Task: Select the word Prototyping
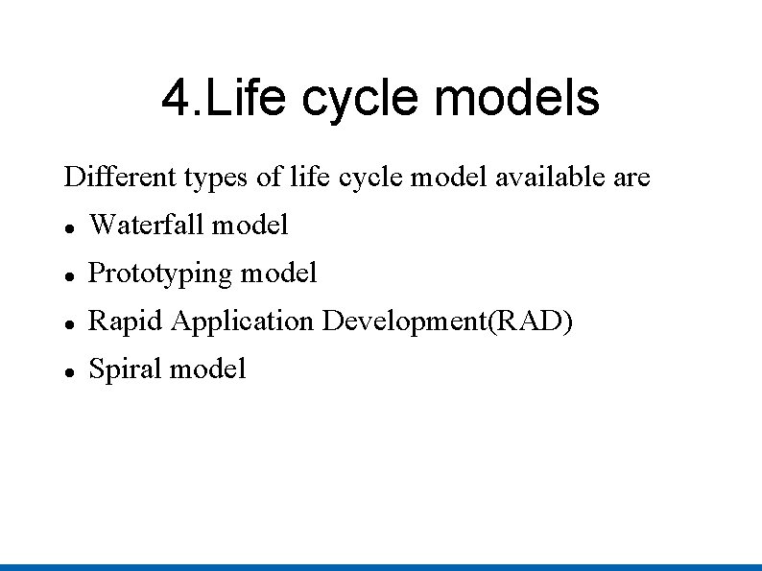[160, 274]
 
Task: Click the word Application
[243, 321]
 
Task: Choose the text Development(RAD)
[447, 321]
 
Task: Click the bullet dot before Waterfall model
[69, 227]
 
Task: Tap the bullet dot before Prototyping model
[69, 275]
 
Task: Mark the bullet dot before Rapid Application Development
[69, 323]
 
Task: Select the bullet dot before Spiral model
[69, 370]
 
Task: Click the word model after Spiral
[207, 369]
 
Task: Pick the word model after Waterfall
[250, 226]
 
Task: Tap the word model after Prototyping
[278, 274]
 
